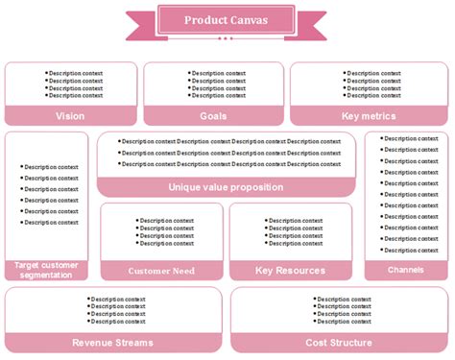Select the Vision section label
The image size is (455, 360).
click(70, 116)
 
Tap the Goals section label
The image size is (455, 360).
click(213, 116)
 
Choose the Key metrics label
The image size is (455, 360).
click(369, 116)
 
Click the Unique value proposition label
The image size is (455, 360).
click(226, 187)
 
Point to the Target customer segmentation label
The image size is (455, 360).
click(46, 270)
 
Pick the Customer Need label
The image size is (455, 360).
click(161, 271)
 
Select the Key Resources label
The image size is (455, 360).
click(290, 271)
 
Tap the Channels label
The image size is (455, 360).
click(406, 270)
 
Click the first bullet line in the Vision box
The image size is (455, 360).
click(75, 73)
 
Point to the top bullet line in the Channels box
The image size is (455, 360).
click(410, 138)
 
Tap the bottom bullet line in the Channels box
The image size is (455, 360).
click(410, 251)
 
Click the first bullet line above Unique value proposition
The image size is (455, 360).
click(229, 141)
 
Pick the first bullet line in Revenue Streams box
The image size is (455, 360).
click(117, 299)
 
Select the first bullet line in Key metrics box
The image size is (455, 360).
click(373, 73)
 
